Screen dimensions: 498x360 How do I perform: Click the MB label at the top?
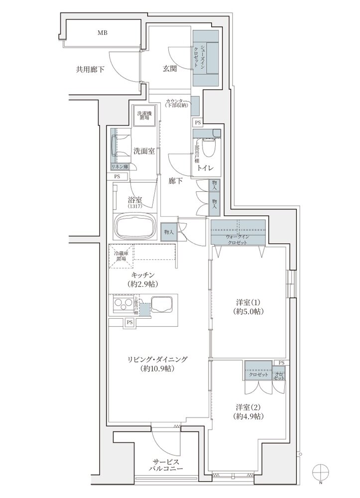(x=103, y=33)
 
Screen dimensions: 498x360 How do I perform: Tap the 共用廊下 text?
(x=90, y=70)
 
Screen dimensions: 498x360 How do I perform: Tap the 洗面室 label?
(x=143, y=151)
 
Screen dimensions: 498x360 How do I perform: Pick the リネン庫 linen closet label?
(x=120, y=167)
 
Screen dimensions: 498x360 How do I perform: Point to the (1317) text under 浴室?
(x=135, y=206)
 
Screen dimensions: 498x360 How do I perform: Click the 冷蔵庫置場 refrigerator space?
(x=121, y=255)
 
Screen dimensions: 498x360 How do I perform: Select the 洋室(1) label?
(x=248, y=302)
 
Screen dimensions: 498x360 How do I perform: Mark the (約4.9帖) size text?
(x=248, y=416)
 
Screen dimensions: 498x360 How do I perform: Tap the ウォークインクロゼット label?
(x=237, y=240)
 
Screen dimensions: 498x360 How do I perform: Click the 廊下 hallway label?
(x=175, y=181)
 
